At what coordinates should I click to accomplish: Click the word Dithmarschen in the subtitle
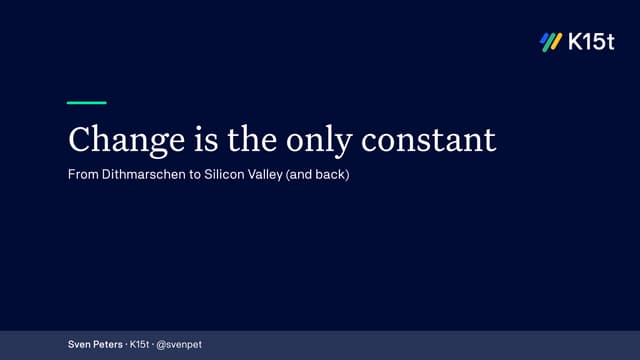(144, 175)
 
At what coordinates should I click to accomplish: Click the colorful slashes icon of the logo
(550, 42)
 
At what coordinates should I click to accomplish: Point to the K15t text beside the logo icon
(592, 42)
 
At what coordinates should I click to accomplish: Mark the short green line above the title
(86, 102)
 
